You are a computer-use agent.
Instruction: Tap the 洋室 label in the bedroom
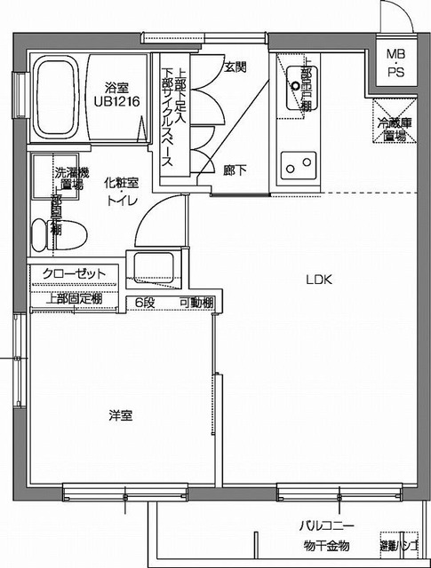[x=122, y=414]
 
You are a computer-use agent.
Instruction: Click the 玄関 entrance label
[x=235, y=67]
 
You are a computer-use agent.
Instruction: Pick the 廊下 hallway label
[x=235, y=166]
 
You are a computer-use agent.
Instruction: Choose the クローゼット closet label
[x=75, y=272]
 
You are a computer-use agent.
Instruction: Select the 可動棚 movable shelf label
[x=196, y=303]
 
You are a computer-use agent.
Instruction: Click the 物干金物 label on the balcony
[x=325, y=545]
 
